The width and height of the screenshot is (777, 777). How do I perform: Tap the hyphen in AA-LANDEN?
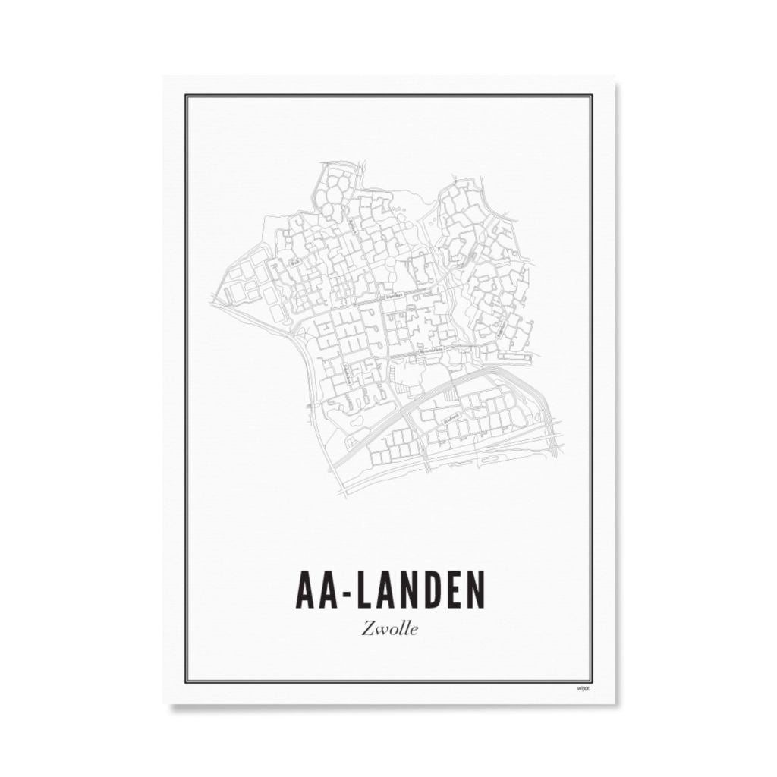click(x=349, y=591)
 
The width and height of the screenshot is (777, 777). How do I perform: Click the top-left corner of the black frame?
click(x=187, y=96)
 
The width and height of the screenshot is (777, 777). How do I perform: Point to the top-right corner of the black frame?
click(x=592, y=96)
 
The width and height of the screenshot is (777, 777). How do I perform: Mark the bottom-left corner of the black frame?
click(x=187, y=681)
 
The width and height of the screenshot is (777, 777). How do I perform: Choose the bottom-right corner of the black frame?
click(x=592, y=681)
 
